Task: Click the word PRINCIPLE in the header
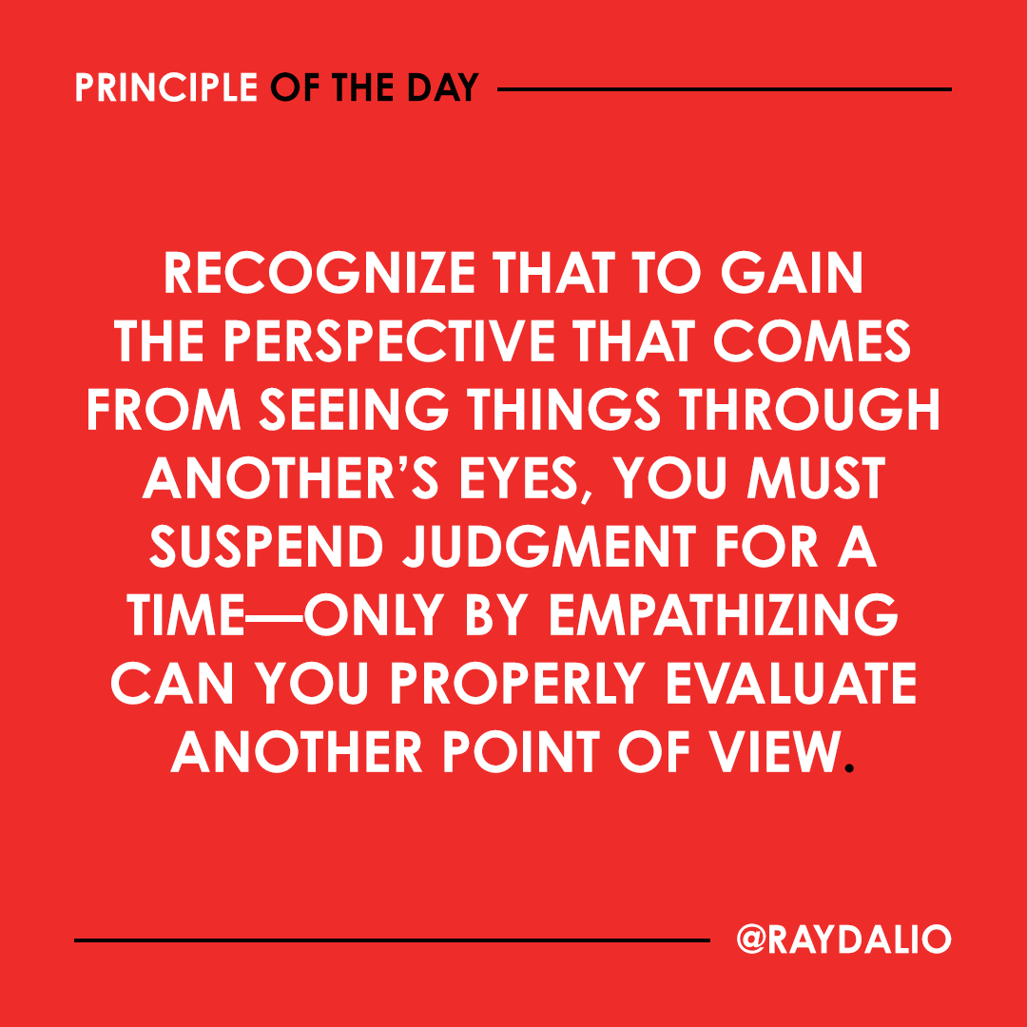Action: [165, 88]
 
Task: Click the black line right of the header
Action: [724, 89]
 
